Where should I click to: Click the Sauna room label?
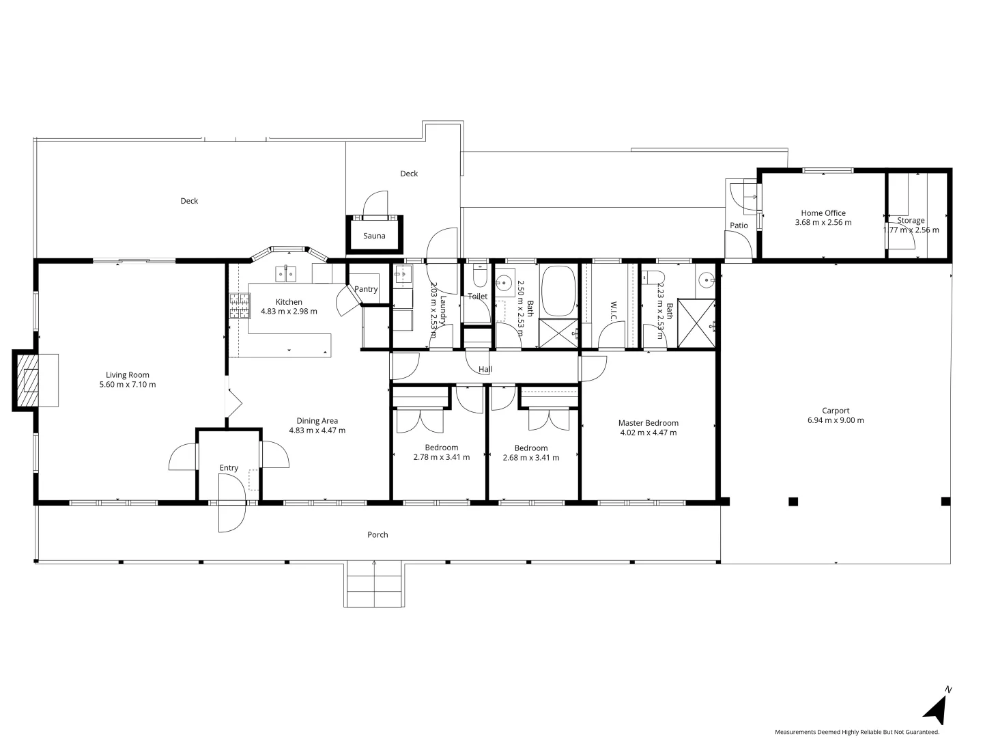coord(374,236)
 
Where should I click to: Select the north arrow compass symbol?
coord(937,707)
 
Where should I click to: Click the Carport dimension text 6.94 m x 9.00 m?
coord(836,420)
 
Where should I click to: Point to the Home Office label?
coord(823,213)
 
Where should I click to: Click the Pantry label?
coord(366,289)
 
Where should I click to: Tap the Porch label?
coord(377,535)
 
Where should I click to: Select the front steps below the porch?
coord(374,584)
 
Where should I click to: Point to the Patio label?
coord(739,225)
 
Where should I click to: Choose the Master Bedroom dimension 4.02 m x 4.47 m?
coord(648,433)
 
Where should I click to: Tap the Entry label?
coord(229,468)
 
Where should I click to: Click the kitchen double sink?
coord(285,274)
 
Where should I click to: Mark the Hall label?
coord(485,370)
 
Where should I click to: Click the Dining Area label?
coord(317,421)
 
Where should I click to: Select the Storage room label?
coord(911,221)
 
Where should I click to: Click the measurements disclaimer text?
coord(857,732)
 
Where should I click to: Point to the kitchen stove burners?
coord(239,305)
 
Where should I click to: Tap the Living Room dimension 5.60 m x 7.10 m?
coord(128,385)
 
